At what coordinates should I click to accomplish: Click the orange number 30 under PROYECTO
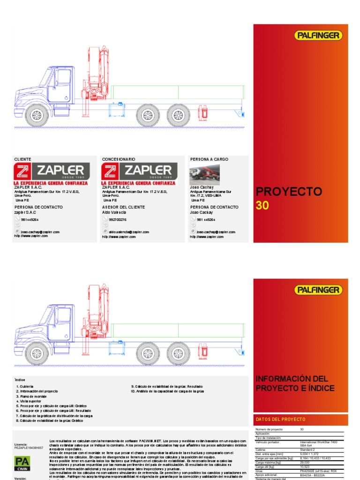click(x=262, y=205)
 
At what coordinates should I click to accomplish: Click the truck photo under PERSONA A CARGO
click(x=204, y=175)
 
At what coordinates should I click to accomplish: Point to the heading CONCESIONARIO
click(x=119, y=159)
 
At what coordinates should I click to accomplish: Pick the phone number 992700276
click(x=118, y=219)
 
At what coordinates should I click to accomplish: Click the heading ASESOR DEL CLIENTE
click(x=123, y=207)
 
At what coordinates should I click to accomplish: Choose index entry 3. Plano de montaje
click(x=33, y=396)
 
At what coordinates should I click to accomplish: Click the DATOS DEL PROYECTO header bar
click(x=300, y=419)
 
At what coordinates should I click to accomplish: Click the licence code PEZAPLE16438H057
click(x=29, y=448)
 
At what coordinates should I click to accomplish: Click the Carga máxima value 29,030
click(x=305, y=462)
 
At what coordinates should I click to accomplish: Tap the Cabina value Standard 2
click(x=308, y=449)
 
